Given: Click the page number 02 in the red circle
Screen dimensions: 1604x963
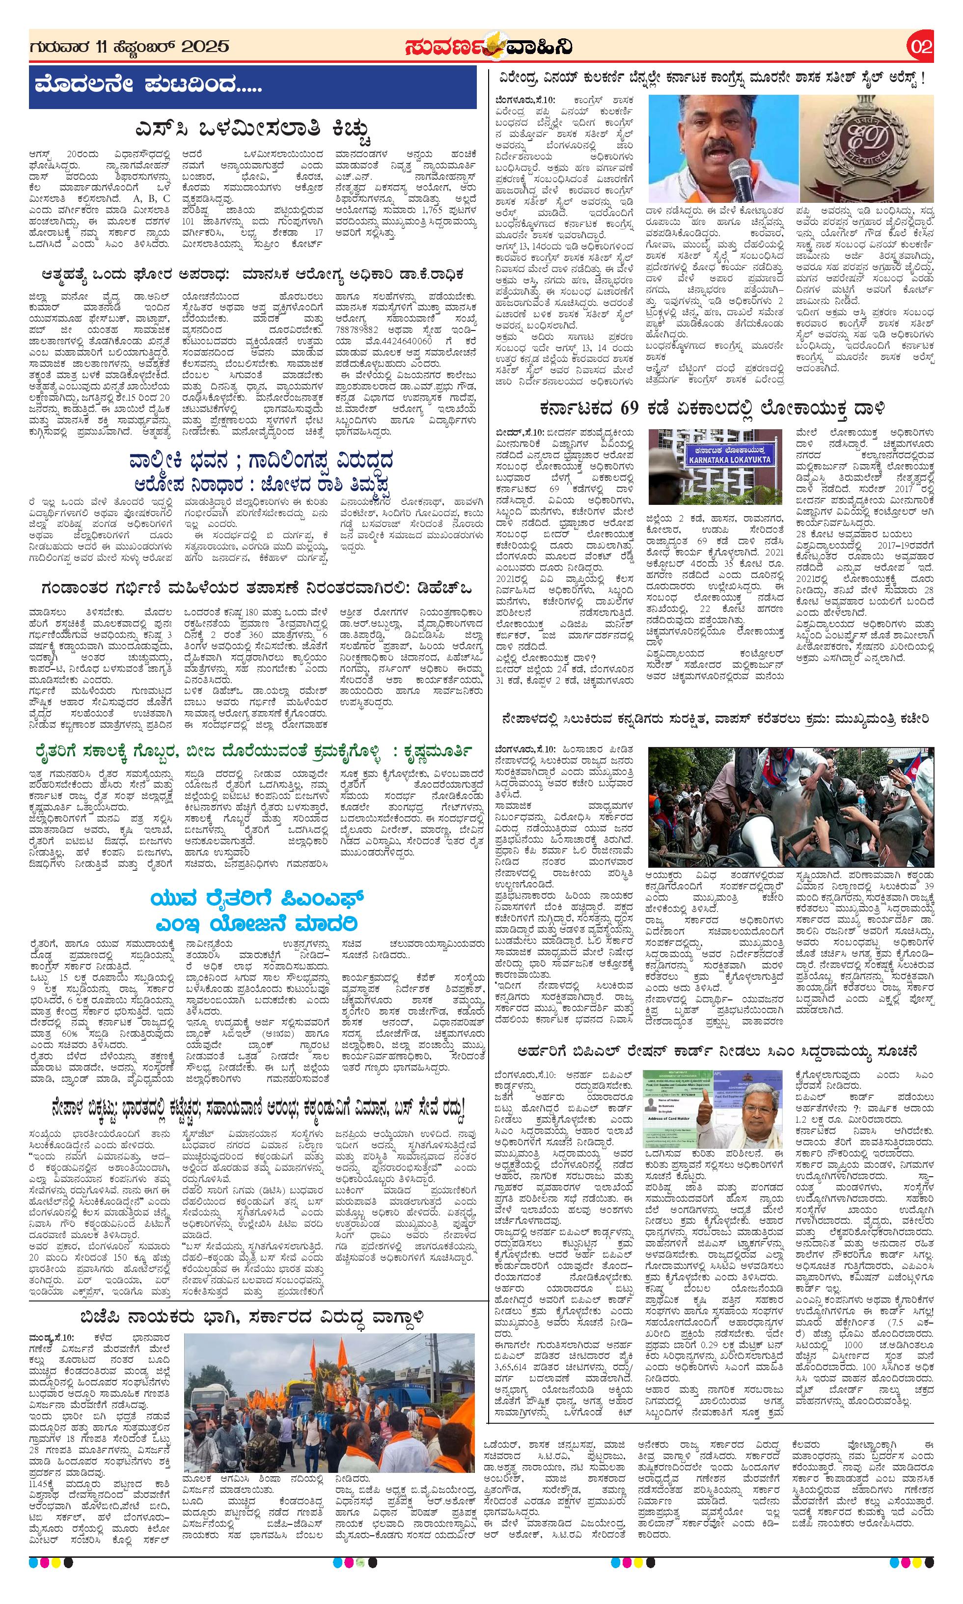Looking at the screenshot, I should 921,47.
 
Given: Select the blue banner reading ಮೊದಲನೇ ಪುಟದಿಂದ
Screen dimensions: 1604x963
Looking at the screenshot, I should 252,86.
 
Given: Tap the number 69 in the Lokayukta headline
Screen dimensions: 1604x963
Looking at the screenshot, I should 630,408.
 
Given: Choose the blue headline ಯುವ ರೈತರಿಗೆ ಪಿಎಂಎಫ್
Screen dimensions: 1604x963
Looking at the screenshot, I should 257,900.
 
